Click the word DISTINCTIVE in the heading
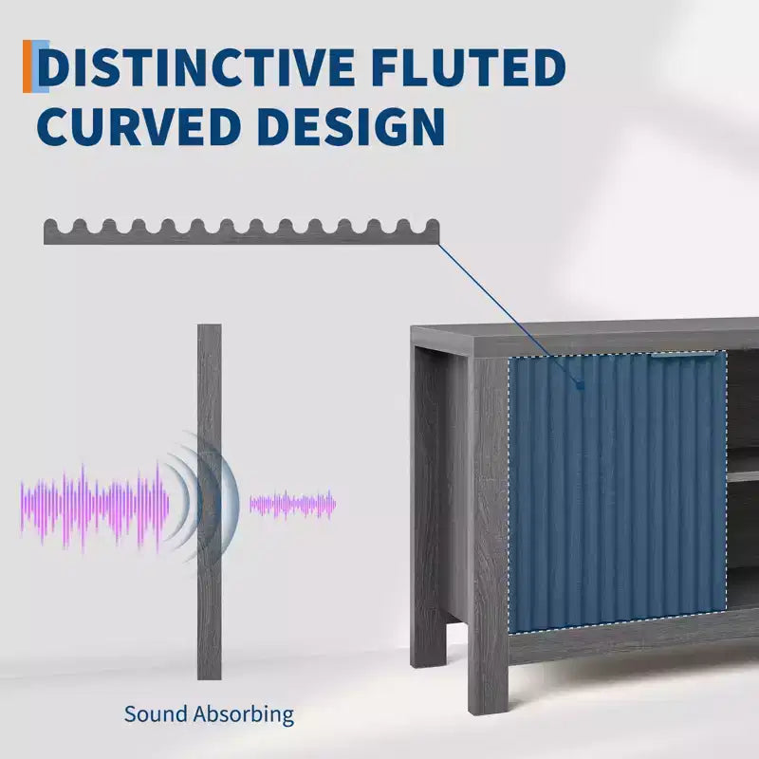[x=196, y=67]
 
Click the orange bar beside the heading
[x=28, y=66]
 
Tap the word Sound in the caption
[x=156, y=714]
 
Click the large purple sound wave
[x=95, y=508]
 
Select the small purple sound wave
[x=292, y=505]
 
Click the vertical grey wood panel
[x=210, y=502]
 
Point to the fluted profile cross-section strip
[x=242, y=231]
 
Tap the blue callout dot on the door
[x=580, y=385]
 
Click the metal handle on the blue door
[x=682, y=355]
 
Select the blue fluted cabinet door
[x=618, y=492]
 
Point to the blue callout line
[x=509, y=315]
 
